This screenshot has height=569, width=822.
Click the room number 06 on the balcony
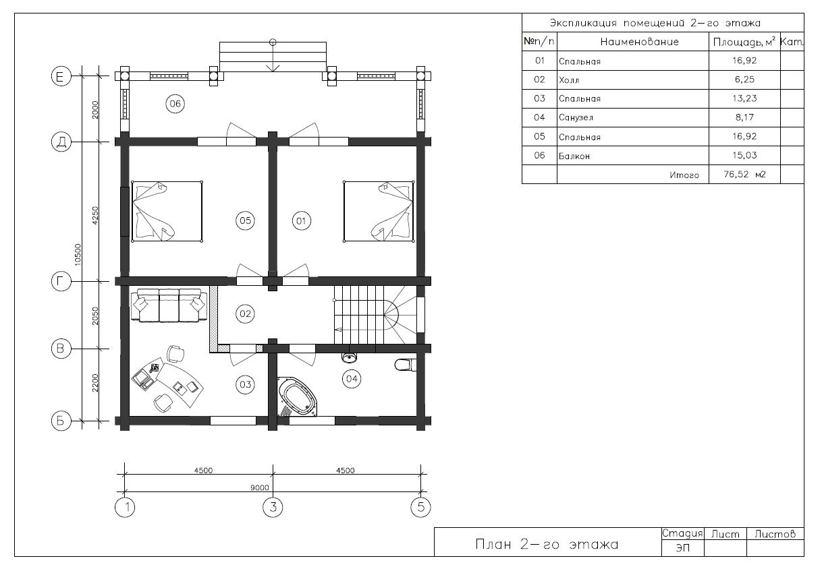coord(175,104)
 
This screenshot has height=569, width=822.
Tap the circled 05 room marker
coord(245,220)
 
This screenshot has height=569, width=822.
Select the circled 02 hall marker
coord(245,314)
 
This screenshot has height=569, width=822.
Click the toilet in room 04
coord(406,365)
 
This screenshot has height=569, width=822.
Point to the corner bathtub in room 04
coord(297,396)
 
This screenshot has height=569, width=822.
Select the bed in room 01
coord(379,211)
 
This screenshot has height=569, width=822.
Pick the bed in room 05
coord(167,211)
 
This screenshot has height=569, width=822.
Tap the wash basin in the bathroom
coord(350,357)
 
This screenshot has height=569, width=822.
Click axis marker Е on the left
coord(61,76)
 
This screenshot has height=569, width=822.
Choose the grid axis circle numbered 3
coord(273,507)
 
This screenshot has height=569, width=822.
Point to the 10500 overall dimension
coord(78,255)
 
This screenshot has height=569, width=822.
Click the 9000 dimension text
coord(260,487)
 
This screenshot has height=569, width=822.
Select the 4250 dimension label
coord(95,215)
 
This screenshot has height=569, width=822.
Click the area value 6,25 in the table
coord(744,80)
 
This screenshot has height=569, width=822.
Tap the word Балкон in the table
coord(574,156)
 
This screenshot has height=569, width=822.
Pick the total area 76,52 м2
coord(744,174)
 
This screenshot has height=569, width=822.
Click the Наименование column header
coord(639,42)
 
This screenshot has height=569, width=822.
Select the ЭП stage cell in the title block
coord(682,547)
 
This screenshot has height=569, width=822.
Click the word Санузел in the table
coord(576,118)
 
